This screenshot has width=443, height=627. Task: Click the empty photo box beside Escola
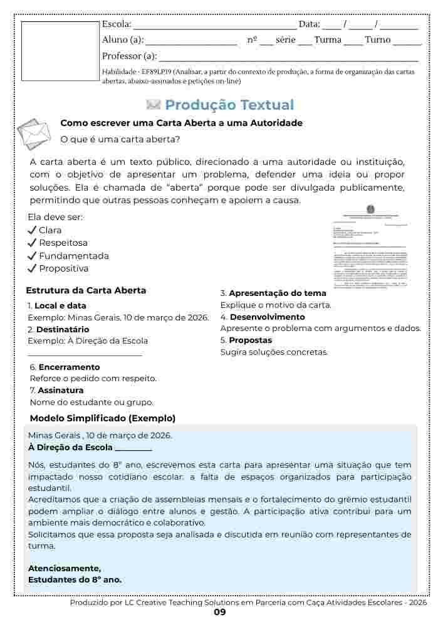pyautogui.click(x=60, y=49)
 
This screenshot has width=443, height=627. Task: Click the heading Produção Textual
pyautogui.click(x=229, y=105)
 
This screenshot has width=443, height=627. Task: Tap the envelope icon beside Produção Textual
pyautogui.click(x=154, y=105)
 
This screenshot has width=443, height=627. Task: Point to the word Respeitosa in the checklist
pyautogui.click(x=63, y=243)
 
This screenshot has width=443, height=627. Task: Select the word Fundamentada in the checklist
pyautogui.click(x=74, y=256)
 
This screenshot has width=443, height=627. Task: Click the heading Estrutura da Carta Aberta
pyautogui.click(x=86, y=290)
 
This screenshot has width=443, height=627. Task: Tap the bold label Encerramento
pyautogui.click(x=69, y=367)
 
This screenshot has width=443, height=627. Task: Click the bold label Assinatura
pyautogui.click(x=61, y=391)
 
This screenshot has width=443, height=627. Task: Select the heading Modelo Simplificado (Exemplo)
pyautogui.click(x=103, y=418)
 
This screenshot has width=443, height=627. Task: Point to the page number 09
pyautogui.click(x=219, y=613)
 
